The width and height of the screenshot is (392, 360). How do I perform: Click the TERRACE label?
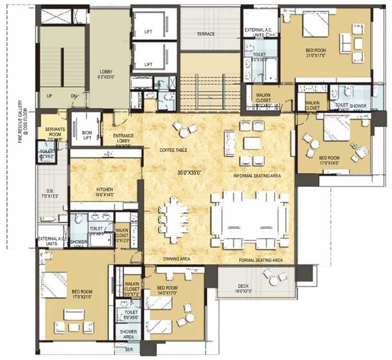[205, 34]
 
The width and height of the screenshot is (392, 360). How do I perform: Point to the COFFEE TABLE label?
[173, 150]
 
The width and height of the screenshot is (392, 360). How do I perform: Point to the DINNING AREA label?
[177, 259]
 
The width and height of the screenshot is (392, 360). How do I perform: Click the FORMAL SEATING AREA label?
[261, 260]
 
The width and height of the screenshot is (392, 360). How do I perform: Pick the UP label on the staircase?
[49, 96]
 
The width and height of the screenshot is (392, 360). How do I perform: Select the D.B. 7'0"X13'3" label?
[51, 193]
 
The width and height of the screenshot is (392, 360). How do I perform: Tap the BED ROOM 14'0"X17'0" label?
[167, 291]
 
